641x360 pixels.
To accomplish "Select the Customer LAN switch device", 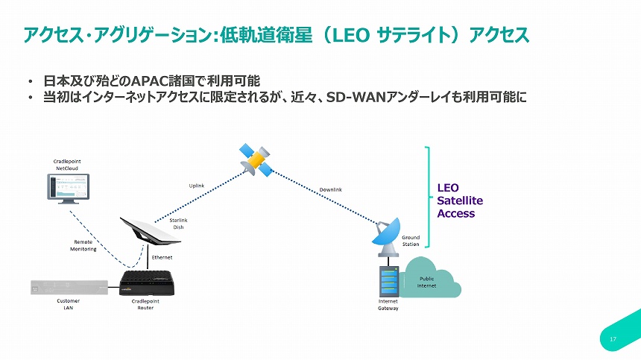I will tap(68, 286).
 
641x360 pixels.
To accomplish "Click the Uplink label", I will tap(197, 186).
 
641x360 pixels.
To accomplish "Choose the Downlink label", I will tap(330, 190).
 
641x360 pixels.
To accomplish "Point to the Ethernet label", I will tap(162, 257).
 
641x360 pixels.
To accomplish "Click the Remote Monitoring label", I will tap(84, 245).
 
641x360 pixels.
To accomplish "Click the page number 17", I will tap(613, 340).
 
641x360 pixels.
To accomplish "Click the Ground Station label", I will tap(411, 241).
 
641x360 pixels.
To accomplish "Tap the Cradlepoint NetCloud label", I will tap(72, 164).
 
